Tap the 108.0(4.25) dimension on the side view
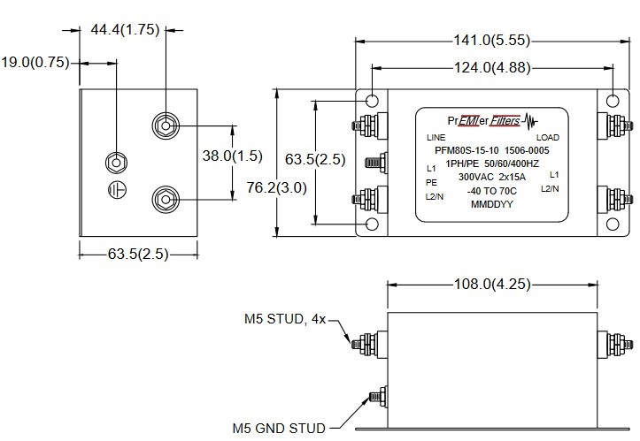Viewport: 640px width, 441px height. click(492, 285)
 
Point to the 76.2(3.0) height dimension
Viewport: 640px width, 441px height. click(257, 188)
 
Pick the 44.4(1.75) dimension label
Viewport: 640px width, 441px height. click(125, 29)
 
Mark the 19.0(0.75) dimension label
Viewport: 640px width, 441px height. click(35, 62)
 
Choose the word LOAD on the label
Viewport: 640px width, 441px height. click(548, 139)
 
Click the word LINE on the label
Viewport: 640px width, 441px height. click(436, 139)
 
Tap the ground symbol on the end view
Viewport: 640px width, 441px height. click(115, 189)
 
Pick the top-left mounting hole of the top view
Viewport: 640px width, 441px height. click(373, 100)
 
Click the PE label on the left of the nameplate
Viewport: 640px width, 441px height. click(432, 181)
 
